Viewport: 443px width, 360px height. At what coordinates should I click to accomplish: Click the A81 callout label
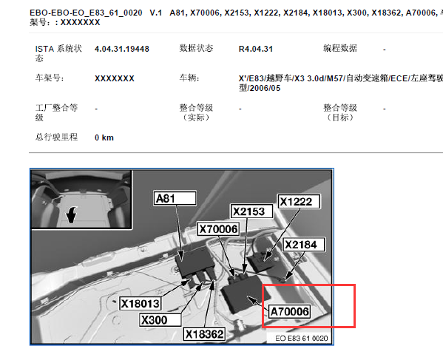tap(175, 198)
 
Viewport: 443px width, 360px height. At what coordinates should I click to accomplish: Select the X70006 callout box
tap(218, 229)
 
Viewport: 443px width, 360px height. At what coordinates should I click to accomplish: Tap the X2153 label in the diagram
tap(251, 211)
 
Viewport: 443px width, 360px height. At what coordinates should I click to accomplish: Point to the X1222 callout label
tap(300, 202)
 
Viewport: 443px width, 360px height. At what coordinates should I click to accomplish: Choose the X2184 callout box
tap(304, 245)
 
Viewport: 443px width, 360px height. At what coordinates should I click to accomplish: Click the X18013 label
tap(140, 304)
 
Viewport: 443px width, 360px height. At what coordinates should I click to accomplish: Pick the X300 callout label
tap(160, 320)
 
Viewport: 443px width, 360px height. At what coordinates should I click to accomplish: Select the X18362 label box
tap(205, 334)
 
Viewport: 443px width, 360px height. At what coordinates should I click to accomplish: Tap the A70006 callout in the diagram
tap(290, 312)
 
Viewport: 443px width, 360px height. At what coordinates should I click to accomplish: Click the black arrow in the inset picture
tap(72, 214)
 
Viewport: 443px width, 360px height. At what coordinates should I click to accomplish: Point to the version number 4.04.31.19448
tap(122, 49)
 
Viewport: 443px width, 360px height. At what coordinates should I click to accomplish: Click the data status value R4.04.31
tap(256, 49)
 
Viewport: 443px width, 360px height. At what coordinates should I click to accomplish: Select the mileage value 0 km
tap(104, 137)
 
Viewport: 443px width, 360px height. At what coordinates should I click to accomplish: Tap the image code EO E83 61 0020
tap(302, 339)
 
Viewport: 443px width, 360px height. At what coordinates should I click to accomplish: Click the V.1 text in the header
tap(156, 13)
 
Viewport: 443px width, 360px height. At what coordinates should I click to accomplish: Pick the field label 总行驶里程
tap(56, 137)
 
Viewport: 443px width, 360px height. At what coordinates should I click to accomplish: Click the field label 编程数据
tap(340, 48)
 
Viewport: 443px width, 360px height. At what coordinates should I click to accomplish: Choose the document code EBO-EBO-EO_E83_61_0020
tap(86, 13)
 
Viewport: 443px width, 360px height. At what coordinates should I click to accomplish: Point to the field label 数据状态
tap(196, 48)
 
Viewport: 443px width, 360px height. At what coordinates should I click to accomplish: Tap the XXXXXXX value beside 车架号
tap(115, 78)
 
